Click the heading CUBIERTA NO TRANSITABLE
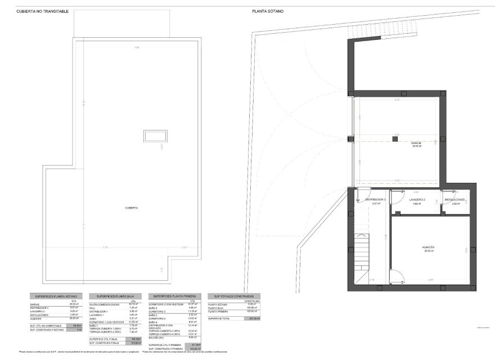[43, 11]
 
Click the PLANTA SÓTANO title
[268, 11]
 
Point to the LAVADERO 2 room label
[417, 200]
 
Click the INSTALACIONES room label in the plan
[454, 200]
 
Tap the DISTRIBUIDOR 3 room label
[375, 200]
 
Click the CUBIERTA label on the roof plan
[133, 208]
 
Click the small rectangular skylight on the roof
[155, 136]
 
